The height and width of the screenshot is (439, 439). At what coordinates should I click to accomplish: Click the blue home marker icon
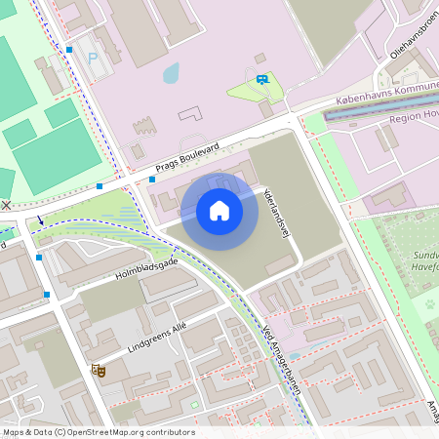(x=219, y=211)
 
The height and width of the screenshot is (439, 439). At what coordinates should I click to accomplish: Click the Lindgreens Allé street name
(x=156, y=335)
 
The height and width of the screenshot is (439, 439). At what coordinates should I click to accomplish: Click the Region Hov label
(x=414, y=116)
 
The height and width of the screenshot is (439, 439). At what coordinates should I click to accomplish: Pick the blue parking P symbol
(x=94, y=59)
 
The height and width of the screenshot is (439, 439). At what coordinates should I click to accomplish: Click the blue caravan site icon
(x=261, y=79)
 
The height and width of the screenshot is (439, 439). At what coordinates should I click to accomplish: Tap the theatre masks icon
(x=97, y=369)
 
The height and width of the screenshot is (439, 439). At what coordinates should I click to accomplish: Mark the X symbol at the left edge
(x=7, y=205)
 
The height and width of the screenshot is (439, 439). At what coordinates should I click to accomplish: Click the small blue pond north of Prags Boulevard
(x=172, y=73)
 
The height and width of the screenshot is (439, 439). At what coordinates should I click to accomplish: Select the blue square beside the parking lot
(x=69, y=49)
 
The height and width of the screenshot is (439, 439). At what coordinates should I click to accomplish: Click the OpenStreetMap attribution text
(x=98, y=432)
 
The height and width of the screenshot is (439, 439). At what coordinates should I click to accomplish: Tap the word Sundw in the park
(x=423, y=256)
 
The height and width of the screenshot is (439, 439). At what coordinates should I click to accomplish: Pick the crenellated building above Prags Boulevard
(x=143, y=126)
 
